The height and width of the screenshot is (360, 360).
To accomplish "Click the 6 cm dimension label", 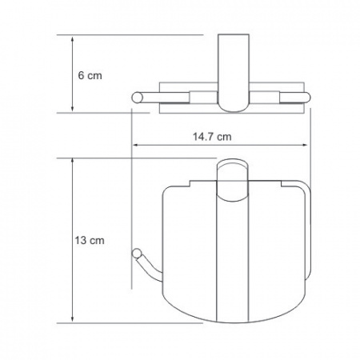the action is tap(90, 75).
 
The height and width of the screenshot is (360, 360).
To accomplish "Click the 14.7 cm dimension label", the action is tap(212, 137).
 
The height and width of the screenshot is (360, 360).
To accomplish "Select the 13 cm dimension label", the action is tap(90, 241).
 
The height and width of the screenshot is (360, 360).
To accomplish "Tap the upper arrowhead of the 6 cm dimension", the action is tap(72, 39).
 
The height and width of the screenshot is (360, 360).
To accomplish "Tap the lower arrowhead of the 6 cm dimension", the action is tap(72, 108).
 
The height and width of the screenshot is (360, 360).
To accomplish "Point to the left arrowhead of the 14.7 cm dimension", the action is tap(136, 145).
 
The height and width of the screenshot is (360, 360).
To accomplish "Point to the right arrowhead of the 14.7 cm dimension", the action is tap(304, 145).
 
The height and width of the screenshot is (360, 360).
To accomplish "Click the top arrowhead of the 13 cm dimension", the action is tap(72, 162).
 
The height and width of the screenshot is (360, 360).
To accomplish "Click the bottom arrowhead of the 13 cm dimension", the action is tap(72, 318).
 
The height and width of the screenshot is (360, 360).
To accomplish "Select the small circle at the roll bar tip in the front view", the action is tap(137, 253).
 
